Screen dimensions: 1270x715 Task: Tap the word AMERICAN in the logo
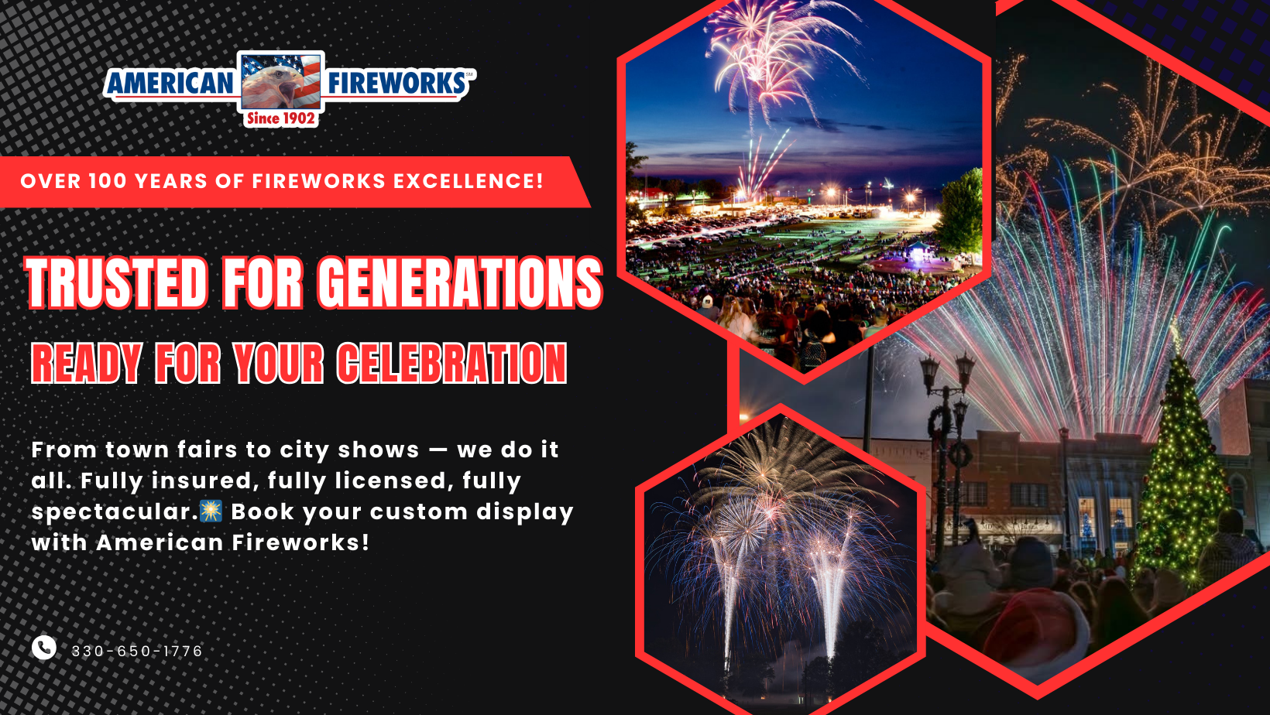pyautogui.click(x=170, y=84)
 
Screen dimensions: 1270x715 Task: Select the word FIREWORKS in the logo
pyautogui.click(x=396, y=83)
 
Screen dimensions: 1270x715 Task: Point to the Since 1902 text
pyautogui.click(x=280, y=118)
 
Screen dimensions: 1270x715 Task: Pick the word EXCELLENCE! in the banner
pyautogui.click(x=469, y=181)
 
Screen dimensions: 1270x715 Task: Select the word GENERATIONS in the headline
pyautogui.click(x=459, y=282)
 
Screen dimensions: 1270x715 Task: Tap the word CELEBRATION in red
pyautogui.click(x=452, y=363)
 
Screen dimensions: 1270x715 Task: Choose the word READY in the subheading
pyautogui.click(x=86, y=363)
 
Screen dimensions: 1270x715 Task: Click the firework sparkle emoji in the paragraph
pyautogui.click(x=211, y=511)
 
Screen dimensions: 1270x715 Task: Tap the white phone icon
pyautogui.click(x=43, y=648)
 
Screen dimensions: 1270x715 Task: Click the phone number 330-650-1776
pyautogui.click(x=136, y=651)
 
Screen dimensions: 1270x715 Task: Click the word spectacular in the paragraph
pyautogui.click(x=114, y=512)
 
